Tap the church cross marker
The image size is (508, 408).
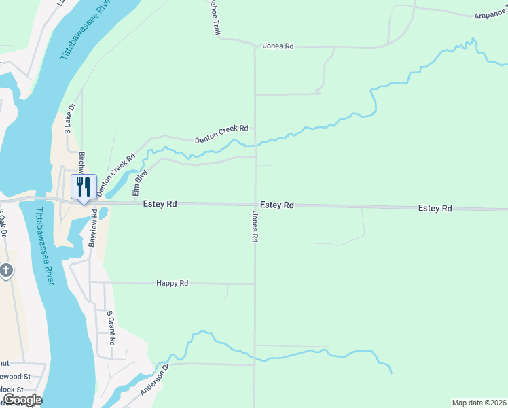(x=5, y=271)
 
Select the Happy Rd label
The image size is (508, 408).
(x=172, y=283)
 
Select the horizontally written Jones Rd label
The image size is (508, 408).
(x=278, y=46)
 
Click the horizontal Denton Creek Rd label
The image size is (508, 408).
(x=221, y=133)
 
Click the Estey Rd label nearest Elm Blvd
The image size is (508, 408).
(x=160, y=203)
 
